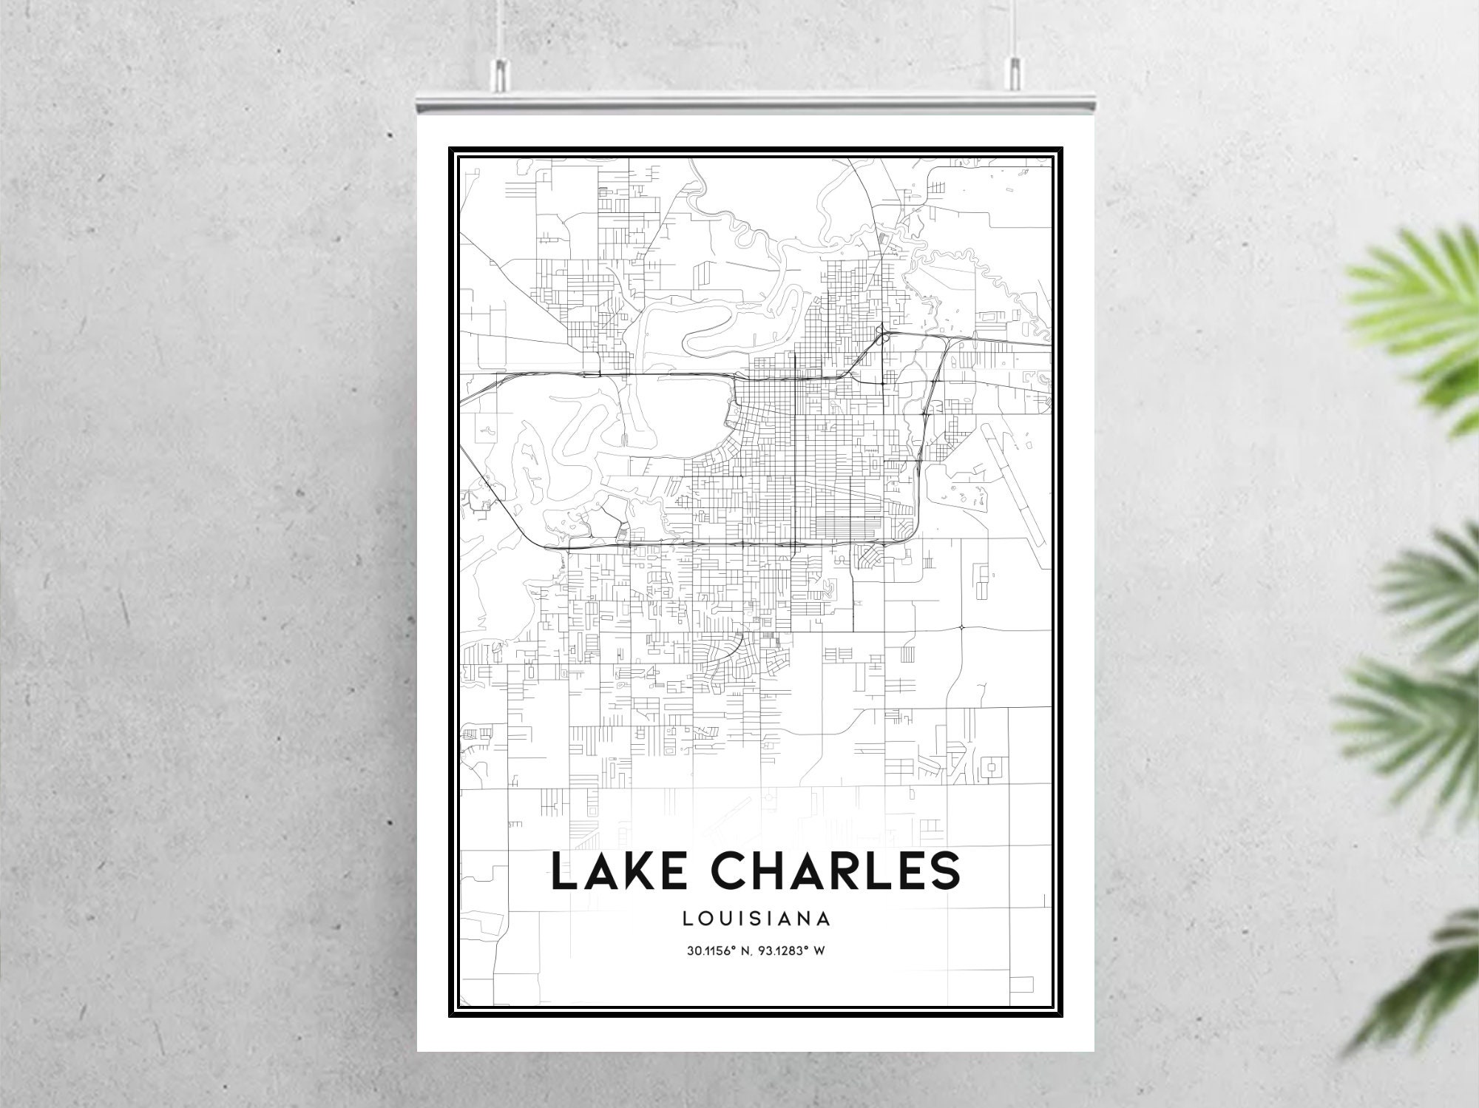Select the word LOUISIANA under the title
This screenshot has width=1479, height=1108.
pos(757,919)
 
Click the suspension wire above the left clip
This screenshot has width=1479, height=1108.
pos(498,30)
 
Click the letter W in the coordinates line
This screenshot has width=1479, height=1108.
pos(819,951)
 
